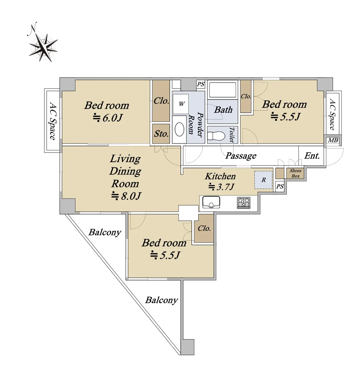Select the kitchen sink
[211, 202]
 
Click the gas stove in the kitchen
[244, 203]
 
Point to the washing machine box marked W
[180, 104]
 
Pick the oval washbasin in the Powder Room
[180, 129]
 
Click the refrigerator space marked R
[263, 180]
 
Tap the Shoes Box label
[296, 173]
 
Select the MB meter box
[333, 140]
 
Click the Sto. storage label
[161, 134]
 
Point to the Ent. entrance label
[312, 156]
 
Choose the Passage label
[241, 156]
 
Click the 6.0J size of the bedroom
[108, 118]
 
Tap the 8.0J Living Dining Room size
[126, 196]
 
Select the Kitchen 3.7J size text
[221, 187]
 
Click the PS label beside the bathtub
[201, 84]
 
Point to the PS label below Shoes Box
[280, 186]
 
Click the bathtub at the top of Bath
[223, 90]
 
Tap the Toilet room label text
[232, 135]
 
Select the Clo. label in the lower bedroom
[204, 228]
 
